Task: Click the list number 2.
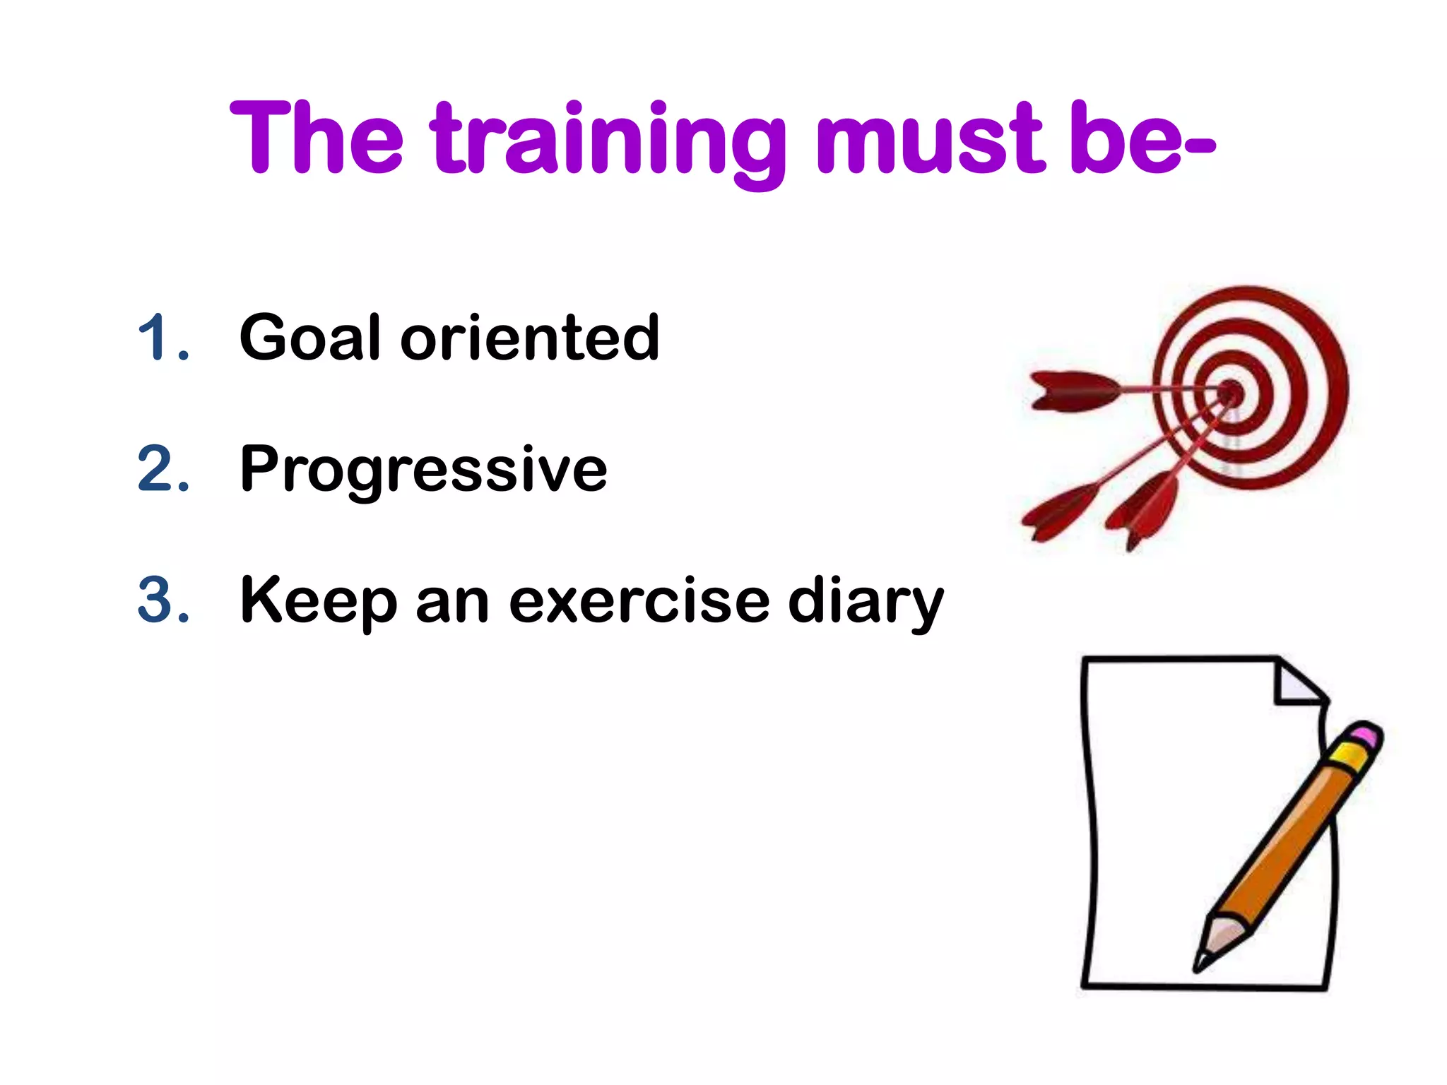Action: tap(163, 468)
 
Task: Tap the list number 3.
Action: tap(163, 600)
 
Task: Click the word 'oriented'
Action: tap(530, 338)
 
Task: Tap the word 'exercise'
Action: tap(639, 600)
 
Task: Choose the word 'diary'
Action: tap(866, 602)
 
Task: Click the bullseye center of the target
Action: tap(1232, 391)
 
